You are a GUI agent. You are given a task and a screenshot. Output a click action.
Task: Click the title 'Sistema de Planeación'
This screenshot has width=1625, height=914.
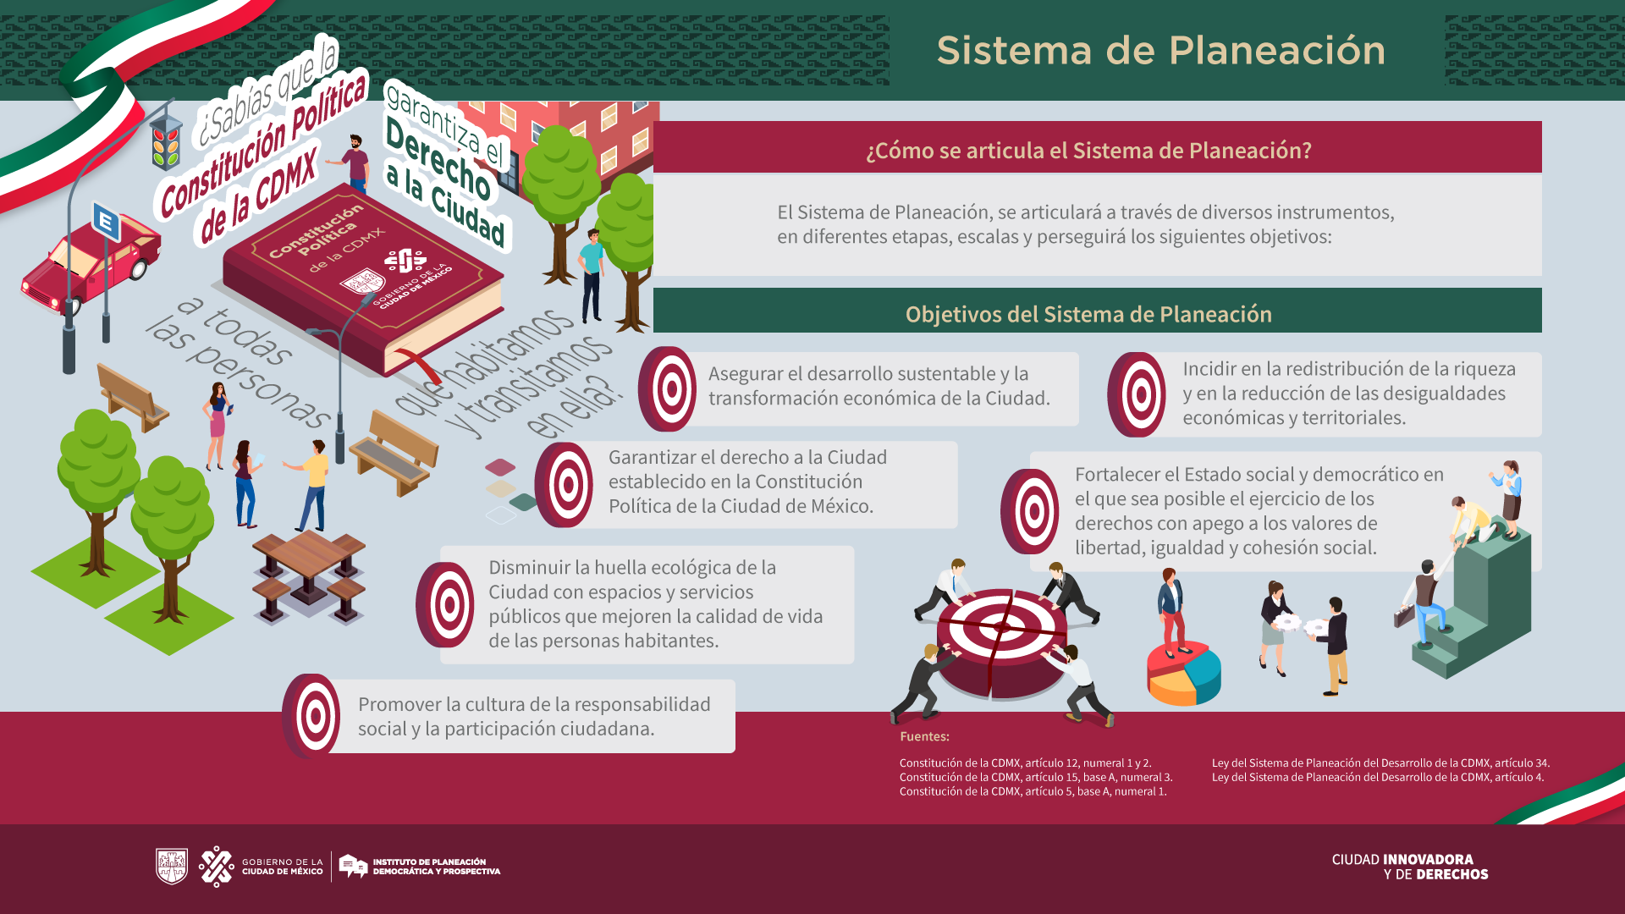[1160, 51]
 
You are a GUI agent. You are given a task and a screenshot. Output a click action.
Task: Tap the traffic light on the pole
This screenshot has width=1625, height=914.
[166, 142]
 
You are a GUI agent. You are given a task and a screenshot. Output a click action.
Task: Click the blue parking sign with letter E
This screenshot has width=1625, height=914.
[106, 223]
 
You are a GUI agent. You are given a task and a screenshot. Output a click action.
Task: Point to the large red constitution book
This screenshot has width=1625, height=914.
[364, 279]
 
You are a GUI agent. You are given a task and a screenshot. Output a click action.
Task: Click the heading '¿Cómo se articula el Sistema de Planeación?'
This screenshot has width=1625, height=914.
[1088, 151]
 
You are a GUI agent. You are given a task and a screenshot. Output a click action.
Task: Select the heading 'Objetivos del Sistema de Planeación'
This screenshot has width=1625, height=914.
[1088, 314]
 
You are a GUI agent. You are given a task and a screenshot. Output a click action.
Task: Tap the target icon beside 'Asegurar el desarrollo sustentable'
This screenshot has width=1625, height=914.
[668, 389]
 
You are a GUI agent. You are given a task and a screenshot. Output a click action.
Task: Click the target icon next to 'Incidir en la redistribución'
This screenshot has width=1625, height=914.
[1137, 394]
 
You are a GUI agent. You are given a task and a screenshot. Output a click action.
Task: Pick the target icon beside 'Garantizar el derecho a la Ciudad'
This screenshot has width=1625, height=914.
[565, 485]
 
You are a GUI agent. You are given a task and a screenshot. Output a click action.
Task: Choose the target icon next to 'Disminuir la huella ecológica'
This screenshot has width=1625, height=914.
[445, 604]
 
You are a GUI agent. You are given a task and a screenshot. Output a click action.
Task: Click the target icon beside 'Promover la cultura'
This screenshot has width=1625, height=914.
[312, 716]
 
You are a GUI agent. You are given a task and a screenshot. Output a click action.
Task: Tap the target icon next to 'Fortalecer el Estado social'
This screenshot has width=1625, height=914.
[1030, 511]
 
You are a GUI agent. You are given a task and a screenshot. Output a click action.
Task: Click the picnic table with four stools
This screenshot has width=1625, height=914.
[309, 575]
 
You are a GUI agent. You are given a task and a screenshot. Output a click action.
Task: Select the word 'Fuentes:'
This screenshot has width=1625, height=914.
[924, 737]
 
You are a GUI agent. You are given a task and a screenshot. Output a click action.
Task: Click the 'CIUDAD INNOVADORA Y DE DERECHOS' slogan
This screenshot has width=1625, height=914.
[1409, 867]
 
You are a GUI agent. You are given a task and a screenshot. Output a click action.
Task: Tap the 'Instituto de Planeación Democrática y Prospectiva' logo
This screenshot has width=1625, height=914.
[420, 866]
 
